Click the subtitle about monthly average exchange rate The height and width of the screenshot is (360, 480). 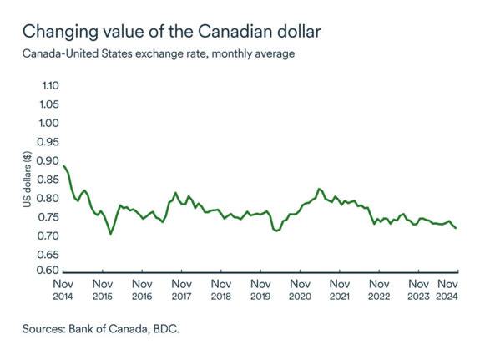pyautogui.click(x=158, y=54)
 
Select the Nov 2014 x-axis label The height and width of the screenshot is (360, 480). pyautogui.click(x=63, y=289)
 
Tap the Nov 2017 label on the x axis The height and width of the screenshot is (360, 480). pyautogui.click(x=181, y=289)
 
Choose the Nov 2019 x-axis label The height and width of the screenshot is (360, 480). pyautogui.click(x=260, y=289)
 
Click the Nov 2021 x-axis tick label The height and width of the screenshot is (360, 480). pyautogui.click(x=340, y=289)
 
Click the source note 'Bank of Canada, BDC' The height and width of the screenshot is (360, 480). pyautogui.click(x=101, y=329)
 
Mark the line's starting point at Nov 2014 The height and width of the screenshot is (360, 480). pyautogui.click(x=64, y=165)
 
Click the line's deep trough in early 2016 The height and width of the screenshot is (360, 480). pyautogui.click(x=110, y=234)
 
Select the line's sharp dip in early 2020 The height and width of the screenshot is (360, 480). pyautogui.click(x=276, y=231)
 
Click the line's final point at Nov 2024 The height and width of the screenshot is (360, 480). pyautogui.click(x=457, y=229)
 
